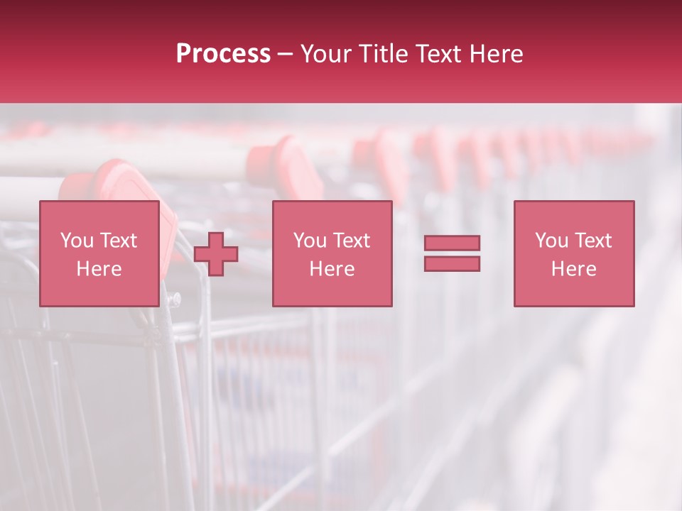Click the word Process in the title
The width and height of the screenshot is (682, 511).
pyautogui.click(x=223, y=54)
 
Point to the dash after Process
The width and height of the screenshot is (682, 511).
pyautogui.click(x=286, y=55)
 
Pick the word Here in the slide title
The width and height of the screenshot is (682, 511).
pyautogui.click(x=497, y=54)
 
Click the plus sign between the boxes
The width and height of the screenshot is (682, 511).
pyautogui.click(x=216, y=254)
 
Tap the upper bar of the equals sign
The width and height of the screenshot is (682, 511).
pyautogui.click(x=452, y=243)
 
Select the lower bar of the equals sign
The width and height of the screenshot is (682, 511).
pyautogui.click(x=452, y=264)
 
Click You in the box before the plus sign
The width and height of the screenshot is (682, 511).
pyautogui.click(x=77, y=241)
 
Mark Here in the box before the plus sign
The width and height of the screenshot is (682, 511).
pyautogui.click(x=99, y=269)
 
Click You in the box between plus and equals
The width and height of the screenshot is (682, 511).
pyautogui.click(x=310, y=241)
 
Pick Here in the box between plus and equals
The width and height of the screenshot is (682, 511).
pyautogui.click(x=332, y=269)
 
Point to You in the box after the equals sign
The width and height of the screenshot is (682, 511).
pyautogui.click(x=551, y=241)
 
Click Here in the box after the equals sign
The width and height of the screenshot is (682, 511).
pyautogui.click(x=573, y=269)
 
